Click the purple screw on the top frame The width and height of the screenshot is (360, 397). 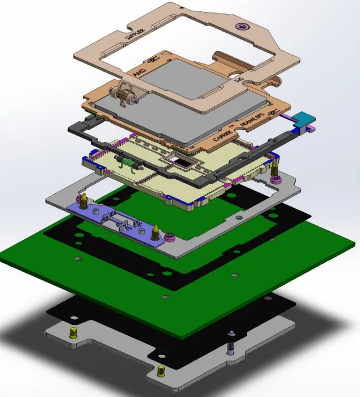[x=241, y=26]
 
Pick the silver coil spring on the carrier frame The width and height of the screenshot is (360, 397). [x=124, y=95]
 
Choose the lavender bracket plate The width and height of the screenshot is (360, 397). [x=117, y=219]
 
